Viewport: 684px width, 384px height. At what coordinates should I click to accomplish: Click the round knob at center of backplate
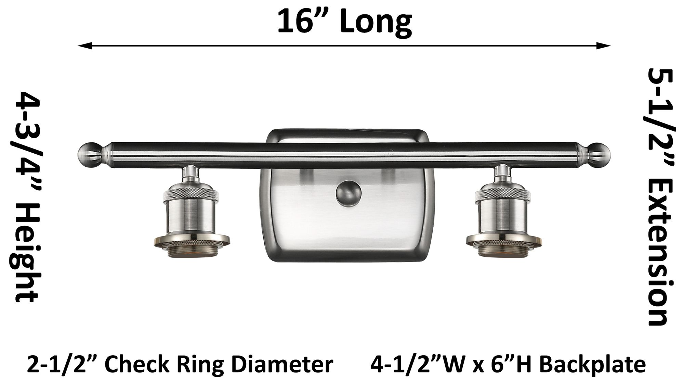pyautogui.click(x=348, y=194)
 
